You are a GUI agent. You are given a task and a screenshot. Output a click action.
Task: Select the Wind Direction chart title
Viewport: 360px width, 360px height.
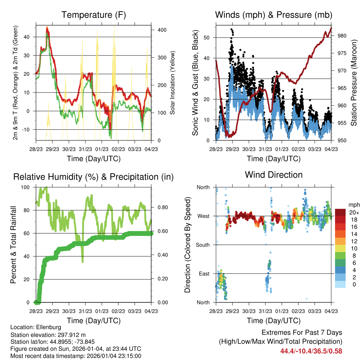click(274, 175)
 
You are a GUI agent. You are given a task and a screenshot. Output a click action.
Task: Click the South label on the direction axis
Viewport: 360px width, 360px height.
click(203, 245)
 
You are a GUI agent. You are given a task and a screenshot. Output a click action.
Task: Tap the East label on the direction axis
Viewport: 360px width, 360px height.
click(204, 274)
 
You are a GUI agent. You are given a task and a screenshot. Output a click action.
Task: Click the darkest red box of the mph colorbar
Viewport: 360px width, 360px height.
click(340, 212)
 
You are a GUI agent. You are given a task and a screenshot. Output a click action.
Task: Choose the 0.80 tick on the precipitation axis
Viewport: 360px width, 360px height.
click(159, 207)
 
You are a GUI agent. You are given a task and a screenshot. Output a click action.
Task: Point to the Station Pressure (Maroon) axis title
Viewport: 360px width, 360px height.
click(354, 78)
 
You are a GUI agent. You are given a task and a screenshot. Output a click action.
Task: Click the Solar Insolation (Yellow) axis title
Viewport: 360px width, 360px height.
click(173, 83)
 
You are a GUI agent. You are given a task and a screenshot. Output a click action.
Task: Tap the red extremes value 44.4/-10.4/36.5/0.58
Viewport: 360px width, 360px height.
click(311, 351)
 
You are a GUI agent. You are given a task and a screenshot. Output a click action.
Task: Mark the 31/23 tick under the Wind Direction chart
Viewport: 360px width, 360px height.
click(265, 311)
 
